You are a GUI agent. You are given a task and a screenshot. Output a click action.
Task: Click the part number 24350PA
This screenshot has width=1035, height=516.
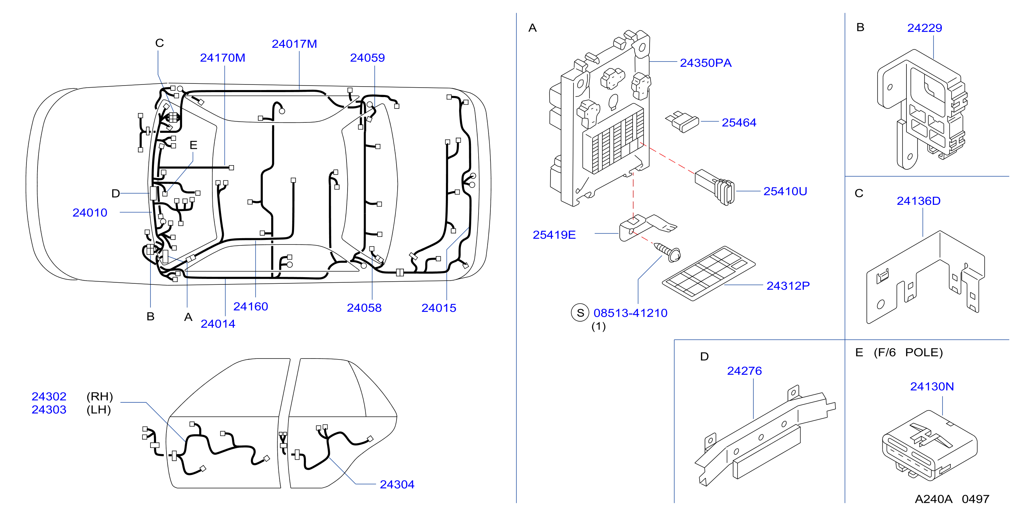705,63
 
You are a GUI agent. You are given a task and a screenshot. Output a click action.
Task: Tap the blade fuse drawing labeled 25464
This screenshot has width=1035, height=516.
682,121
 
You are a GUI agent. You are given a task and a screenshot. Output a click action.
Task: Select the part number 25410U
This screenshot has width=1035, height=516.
785,191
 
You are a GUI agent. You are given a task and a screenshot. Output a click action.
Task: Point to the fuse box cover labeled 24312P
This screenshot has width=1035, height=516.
709,273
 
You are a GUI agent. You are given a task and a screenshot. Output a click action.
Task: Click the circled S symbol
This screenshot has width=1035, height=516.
580,313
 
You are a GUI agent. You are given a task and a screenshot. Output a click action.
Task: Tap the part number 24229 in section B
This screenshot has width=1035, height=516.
924,28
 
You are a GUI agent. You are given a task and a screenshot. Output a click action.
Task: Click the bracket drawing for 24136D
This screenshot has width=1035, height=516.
925,277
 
